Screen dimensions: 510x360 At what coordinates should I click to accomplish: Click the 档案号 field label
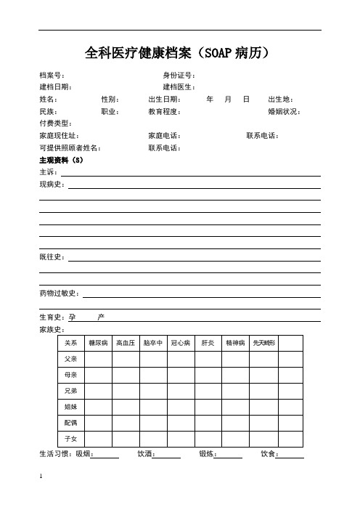[x=52, y=76]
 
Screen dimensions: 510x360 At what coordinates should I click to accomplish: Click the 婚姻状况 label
[x=284, y=112]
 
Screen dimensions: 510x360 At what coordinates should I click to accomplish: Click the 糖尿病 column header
[x=98, y=342]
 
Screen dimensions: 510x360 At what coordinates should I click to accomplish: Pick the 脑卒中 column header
[x=153, y=342]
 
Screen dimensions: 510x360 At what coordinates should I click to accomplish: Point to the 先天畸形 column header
[x=264, y=342]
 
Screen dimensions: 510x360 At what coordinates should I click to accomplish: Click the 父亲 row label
[x=71, y=359]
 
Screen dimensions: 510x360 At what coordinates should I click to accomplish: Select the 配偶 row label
[x=71, y=422]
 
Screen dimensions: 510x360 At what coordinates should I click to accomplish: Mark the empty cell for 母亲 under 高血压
[x=126, y=375]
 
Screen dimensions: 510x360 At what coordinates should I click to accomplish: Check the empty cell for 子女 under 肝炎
[x=208, y=438]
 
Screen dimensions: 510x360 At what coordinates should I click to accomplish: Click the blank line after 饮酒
[x=168, y=455]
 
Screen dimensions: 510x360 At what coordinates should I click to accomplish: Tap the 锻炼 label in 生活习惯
[x=207, y=455]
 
